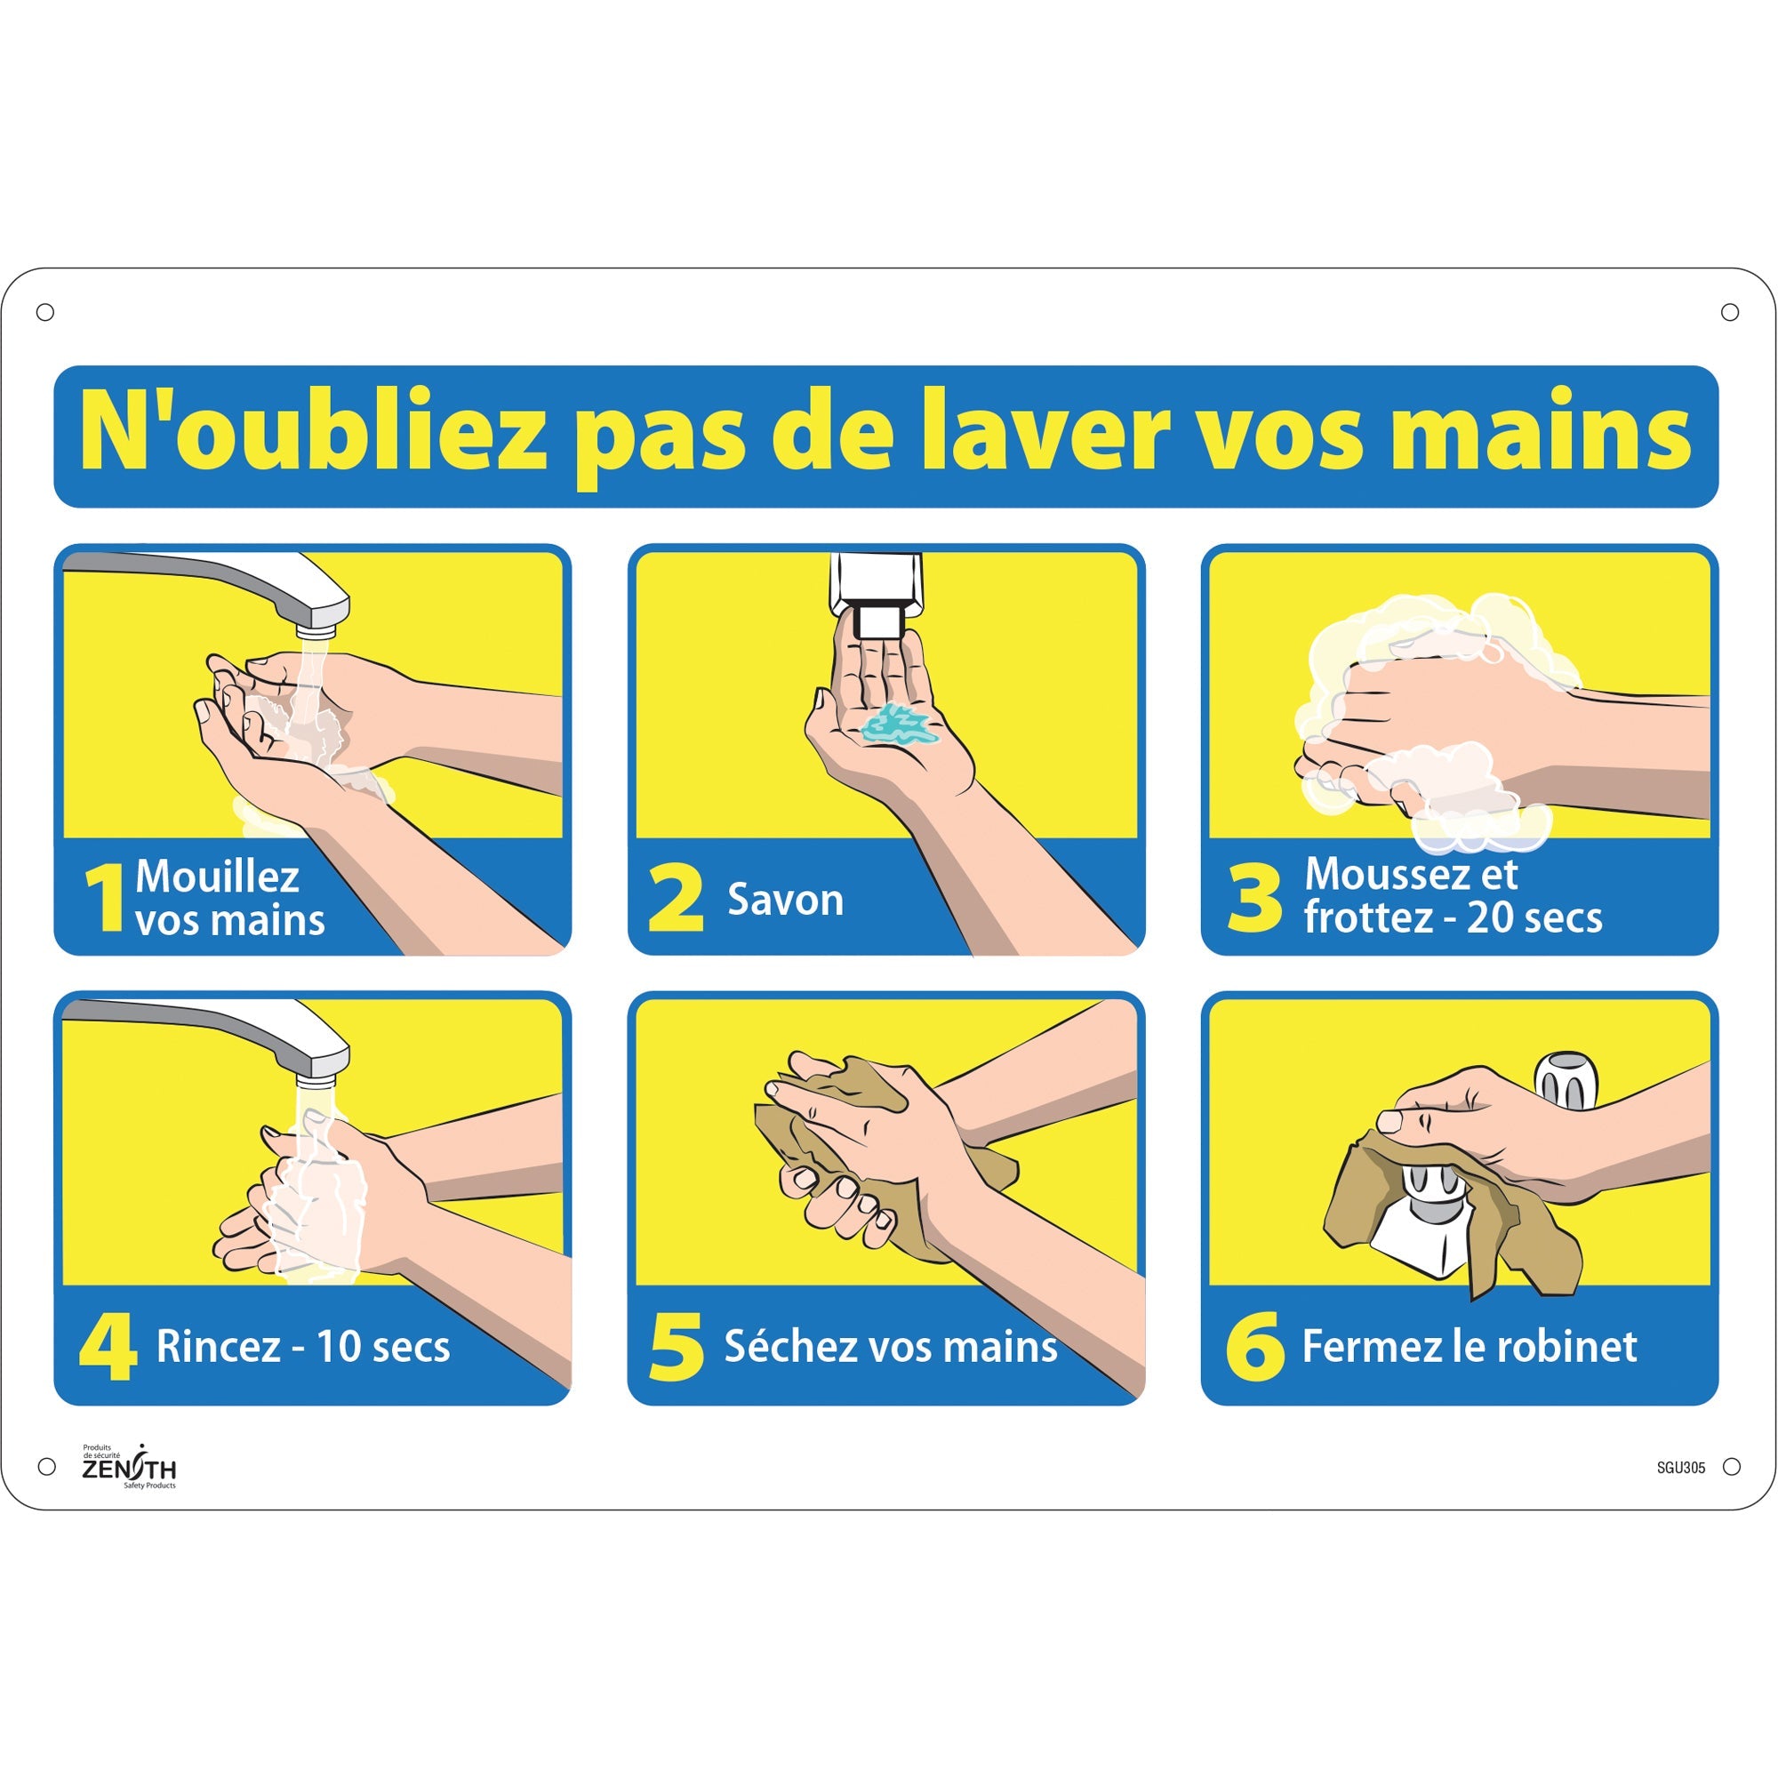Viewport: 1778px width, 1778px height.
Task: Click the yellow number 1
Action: coord(105,898)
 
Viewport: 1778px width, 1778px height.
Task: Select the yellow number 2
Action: coord(676,899)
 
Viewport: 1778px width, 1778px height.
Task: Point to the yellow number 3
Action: coord(1254,897)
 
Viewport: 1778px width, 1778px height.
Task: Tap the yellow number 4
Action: coord(108,1346)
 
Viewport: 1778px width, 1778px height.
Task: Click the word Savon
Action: coord(785,900)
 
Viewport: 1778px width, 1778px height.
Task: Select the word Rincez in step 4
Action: coord(218,1346)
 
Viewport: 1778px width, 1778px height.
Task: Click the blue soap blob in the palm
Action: coord(897,725)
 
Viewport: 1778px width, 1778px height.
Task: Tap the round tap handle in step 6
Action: coord(1566,1080)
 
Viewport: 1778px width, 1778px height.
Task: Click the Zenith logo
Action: coord(129,1467)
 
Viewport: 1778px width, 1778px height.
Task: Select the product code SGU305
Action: coord(1680,1468)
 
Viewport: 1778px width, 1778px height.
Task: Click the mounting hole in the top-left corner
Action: coord(45,313)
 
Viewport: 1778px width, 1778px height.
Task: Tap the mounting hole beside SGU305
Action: coord(1731,1467)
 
